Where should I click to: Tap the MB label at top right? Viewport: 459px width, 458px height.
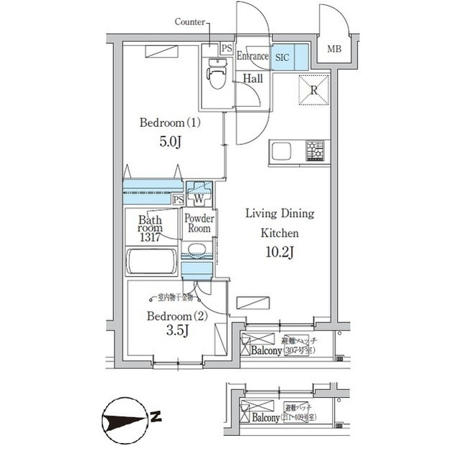tap(334, 49)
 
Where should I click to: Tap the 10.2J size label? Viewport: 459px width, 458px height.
tap(279, 252)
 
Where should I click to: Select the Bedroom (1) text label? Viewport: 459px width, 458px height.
tap(170, 123)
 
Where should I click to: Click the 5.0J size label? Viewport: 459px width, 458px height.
tap(169, 141)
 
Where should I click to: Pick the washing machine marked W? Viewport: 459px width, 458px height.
tap(199, 194)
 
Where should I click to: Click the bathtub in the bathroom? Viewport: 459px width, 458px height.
tap(151, 261)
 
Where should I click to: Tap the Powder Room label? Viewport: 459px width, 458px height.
tap(199, 223)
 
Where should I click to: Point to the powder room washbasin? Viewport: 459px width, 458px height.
tap(197, 250)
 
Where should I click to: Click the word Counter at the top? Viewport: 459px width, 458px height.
tap(190, 22)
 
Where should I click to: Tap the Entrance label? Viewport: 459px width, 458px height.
tap(252, 56)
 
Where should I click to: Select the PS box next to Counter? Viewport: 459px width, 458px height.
tap(226, 49)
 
